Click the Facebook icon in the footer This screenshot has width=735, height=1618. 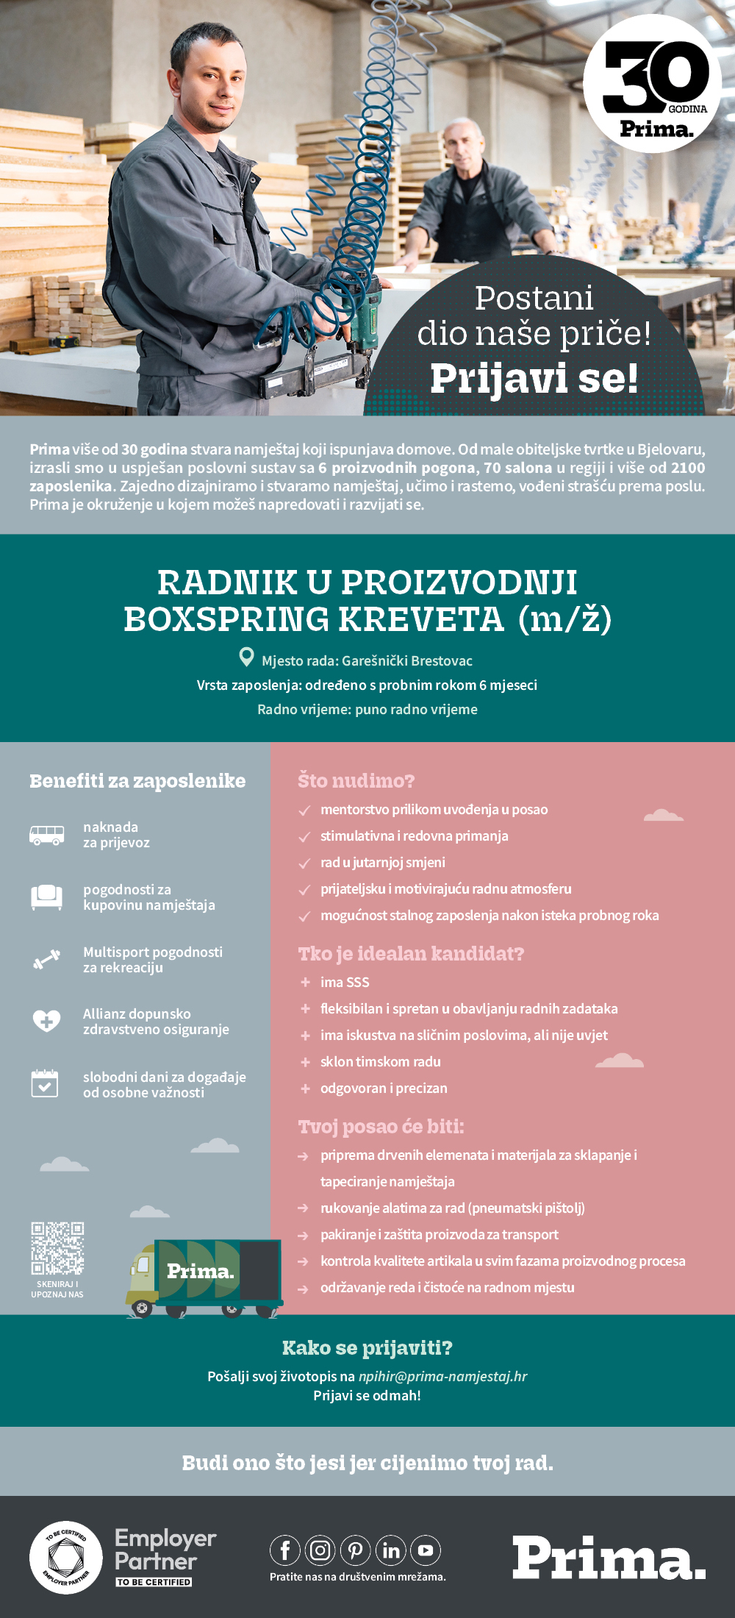(285, 1550)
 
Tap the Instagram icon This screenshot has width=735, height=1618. (320, 1550)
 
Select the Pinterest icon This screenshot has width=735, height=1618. (356, 1550)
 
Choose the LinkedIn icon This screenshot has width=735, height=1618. (391, 1550)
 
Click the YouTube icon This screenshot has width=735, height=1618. (426, 1550)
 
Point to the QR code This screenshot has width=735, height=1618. (57, 1248)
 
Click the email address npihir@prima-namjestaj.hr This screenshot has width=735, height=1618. (442, 1376)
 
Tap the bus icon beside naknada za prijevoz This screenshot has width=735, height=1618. (46, 835)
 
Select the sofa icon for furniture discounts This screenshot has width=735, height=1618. (46, 897)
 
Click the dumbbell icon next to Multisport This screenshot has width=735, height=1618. (46, 959)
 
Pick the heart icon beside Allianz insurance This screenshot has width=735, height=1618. (46, 1021)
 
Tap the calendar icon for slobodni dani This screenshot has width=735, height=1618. (45, 1083)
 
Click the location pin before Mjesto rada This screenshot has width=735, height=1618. (247, 657)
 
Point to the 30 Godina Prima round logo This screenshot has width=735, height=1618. (652, 84)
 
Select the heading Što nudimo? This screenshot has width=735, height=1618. (356, 780)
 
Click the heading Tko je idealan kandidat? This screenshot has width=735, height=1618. (411, 954)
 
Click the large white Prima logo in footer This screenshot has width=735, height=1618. (609, 1557)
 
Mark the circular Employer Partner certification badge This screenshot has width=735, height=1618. (66, 1557)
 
